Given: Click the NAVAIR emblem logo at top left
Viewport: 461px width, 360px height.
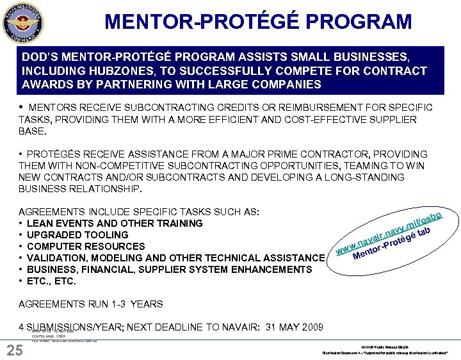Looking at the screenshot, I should (x=22, y=20).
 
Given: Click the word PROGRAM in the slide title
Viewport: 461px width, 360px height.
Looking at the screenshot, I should (x=356, y=22).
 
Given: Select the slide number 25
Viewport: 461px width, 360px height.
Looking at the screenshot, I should (x=14, y=350).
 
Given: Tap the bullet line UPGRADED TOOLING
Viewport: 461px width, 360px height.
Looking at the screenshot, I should (x=77, y=235).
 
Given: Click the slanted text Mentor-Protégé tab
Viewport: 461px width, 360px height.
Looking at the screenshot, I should (x=392, y=247).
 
